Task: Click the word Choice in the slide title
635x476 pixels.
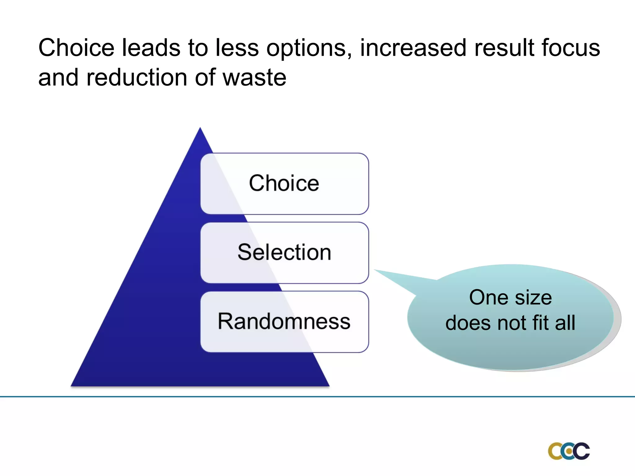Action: [76, 48]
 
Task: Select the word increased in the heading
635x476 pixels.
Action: [413, 48]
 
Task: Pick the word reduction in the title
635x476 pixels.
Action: [137, 77]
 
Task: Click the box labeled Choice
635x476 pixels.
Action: [284, 183]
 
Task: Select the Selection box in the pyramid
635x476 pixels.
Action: [284, 253]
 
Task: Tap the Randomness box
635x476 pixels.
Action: [284, 322]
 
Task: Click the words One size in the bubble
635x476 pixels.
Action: [510, 297]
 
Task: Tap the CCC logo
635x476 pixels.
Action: [569, 451]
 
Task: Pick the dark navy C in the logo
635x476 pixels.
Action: [582, 451]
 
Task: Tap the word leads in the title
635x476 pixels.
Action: [151, 48]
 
